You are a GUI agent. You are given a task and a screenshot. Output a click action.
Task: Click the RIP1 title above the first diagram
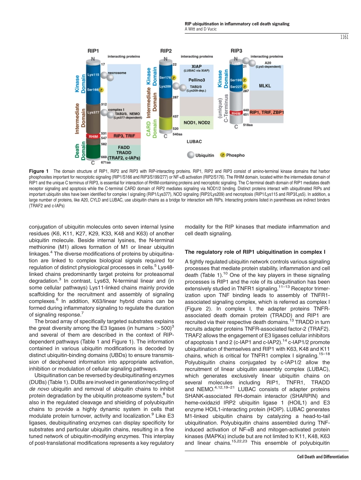pyautogui.click(x=93, y=50)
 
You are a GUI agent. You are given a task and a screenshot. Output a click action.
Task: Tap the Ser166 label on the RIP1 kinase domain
pyautogui.click(x=93, y=90)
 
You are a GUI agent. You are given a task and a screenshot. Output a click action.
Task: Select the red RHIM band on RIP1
pyautogui.click(x=93, y=136)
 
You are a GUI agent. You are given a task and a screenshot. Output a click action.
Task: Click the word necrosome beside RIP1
pyautogui.click(x=117, y=72)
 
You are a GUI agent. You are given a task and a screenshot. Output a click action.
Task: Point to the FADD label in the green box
pyautogui.click(x=123, y=147)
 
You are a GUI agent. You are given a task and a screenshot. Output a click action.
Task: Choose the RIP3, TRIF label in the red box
pyautogui.click(x=124, y=136)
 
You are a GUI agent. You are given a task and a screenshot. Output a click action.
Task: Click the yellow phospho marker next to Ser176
pyautogui.click(x=174, y=78)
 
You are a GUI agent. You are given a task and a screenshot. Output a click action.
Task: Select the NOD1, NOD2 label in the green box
pyautogui.click(x=197, y=122)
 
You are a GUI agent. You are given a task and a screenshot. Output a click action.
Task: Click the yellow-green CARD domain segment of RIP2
pyautogui.click(x=166, y=124)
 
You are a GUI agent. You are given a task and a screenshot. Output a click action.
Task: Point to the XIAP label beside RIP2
pyautogui.click(x=196, y=66)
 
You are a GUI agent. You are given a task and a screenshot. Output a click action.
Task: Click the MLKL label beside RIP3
pyautogui.click(x=265, y=86)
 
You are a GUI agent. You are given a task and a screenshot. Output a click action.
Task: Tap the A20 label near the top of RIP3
pyautogui.click(x=268, y=63)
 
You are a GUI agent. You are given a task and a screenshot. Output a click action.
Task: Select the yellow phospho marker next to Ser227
pyautogui.click(x=245, y=87)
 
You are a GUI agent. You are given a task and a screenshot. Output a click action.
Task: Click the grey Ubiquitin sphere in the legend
pyautogui.click(x=190, y=155)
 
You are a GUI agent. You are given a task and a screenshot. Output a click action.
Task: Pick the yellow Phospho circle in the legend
pyautogui.click(x=223, y=155)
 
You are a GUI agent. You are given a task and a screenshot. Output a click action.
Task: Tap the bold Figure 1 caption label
pyautogui.click(x=39, y=171)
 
